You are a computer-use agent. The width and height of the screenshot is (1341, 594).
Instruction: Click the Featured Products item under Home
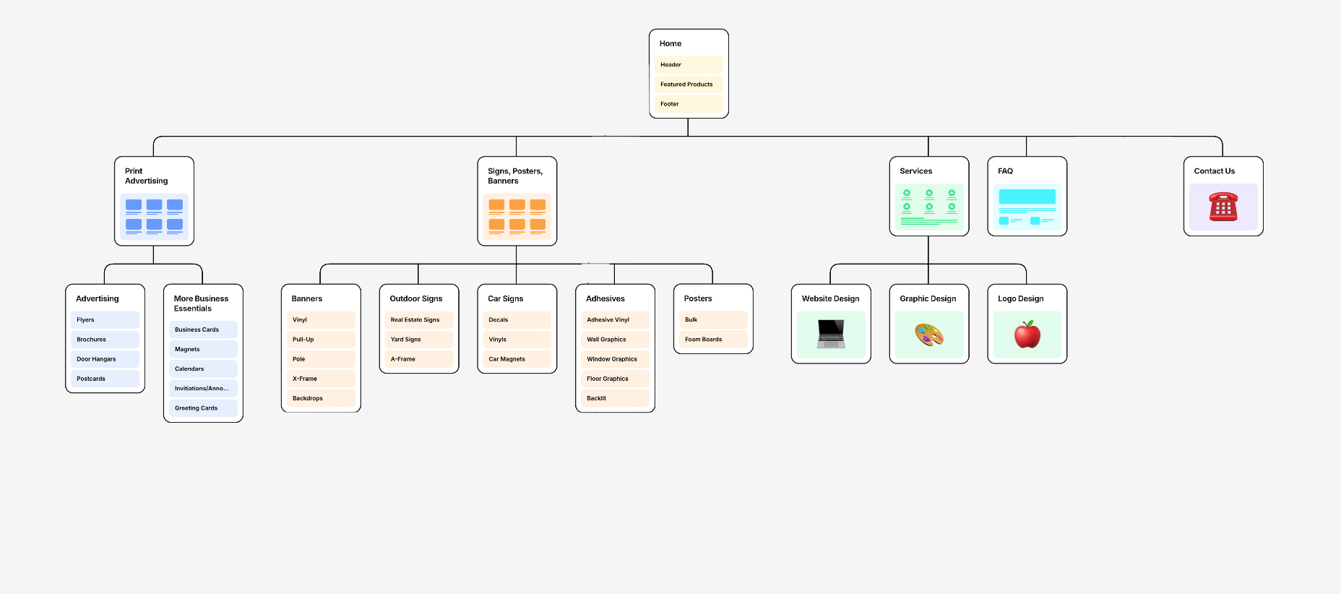click(x=689, y=85)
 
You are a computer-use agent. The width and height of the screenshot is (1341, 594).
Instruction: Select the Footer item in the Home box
click(x=689, y=104)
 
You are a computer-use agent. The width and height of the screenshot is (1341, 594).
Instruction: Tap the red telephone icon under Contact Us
click(x=1223, y=207)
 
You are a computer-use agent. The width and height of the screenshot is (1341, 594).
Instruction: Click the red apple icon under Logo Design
click(x=1027, y=335)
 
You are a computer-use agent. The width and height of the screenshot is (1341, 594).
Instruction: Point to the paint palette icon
click(x=929, y=335)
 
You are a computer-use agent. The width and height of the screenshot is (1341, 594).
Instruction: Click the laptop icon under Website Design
click(x=831, y=335)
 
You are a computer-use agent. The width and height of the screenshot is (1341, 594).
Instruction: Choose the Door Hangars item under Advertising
click(x=105, y=359)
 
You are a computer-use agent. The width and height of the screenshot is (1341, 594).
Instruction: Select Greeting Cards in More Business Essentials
click(x=203, y=408)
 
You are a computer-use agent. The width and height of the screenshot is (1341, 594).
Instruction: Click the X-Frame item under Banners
click(x=321, y=379)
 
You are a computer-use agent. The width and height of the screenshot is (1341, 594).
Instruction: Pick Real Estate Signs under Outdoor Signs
click(x=419, y=320)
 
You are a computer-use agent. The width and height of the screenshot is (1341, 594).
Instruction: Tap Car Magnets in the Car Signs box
click(x=517, y=359)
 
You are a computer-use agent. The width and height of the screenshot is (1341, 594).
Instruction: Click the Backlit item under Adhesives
click(x=615, y=398)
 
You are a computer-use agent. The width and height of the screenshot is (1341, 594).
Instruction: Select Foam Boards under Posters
click(x=713, y=340)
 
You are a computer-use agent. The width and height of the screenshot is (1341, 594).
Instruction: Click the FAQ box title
click(x=1005, y=171)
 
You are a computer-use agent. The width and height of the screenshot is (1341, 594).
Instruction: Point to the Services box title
click(x=915, y=171)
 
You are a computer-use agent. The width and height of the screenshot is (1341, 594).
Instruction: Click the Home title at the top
click(x=670, y=44)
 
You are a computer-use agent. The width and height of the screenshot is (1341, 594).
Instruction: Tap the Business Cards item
click(x=203, y=330)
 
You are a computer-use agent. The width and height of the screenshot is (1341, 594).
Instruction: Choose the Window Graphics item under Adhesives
click(x=615, y=359)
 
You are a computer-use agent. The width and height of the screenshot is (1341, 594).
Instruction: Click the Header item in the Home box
click(x=689, y=65)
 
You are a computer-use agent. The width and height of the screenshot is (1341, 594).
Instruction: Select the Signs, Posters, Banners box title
click(x=515, y=176)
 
